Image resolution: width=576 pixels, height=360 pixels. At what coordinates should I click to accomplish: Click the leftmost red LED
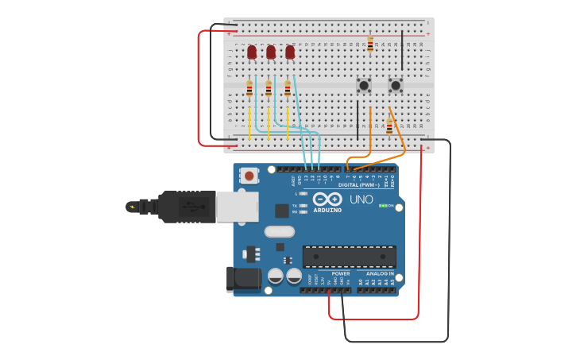(252, 52)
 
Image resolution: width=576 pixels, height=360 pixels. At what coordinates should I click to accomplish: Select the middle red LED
(271, 52)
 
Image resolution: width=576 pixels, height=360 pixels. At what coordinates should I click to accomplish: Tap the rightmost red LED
(290, 52)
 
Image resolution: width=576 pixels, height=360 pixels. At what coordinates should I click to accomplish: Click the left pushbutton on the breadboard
(364, 85)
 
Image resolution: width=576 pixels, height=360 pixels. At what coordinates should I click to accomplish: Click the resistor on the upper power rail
(370, 44)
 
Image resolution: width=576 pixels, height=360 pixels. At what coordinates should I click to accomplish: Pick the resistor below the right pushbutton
(389, 126)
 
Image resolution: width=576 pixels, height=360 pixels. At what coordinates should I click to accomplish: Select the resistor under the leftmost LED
(249, 89)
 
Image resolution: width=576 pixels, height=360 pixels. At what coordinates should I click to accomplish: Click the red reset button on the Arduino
(249, 176)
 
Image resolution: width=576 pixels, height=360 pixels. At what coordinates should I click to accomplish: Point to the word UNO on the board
(361, 199)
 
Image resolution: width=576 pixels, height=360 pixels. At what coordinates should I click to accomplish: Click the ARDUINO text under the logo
(327, 210)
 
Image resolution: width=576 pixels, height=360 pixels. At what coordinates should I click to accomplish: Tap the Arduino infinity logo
(327, 199)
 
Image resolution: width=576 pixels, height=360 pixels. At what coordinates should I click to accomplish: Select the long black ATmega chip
(350, 257)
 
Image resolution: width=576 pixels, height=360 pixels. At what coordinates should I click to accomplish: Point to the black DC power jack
(243, 279)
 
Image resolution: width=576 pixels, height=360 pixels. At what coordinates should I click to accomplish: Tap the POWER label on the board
(341, 273)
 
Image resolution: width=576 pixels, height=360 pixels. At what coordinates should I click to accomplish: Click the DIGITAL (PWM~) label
(360, 184)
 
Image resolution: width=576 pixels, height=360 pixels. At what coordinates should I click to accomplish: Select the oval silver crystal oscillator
(279, 232)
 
